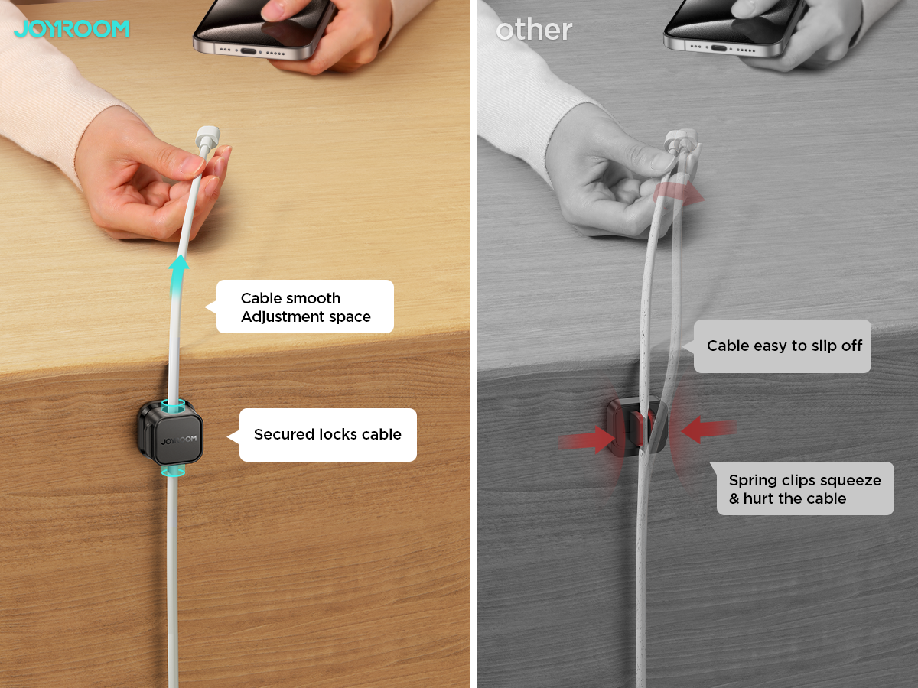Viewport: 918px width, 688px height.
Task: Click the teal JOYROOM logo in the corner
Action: coord(72,29)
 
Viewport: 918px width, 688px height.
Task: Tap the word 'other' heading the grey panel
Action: coord(533,30)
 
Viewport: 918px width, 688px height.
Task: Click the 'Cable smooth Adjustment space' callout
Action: coord(305,307)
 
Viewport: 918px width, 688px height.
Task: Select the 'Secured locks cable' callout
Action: coord(327,434)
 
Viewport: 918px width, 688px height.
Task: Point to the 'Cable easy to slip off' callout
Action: coord(783,346)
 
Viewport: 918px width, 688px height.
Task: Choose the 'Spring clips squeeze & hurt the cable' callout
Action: coord(804,488)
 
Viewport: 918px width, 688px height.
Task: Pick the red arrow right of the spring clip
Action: coord(706,430)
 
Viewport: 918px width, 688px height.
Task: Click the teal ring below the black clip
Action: coord(173,471)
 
